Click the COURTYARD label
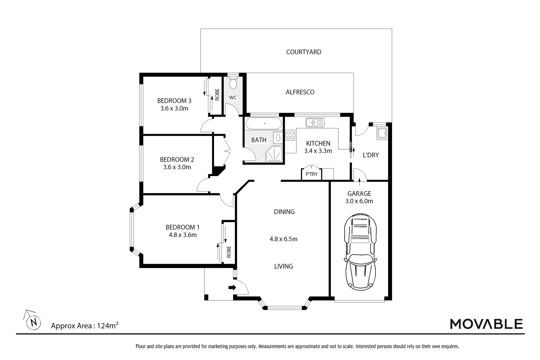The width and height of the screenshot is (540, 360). tap(304, 52)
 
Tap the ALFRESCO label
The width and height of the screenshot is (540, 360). tap(300, 92)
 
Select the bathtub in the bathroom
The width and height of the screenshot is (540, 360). tap(264, 123)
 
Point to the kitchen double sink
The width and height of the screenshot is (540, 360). tap(315, 122)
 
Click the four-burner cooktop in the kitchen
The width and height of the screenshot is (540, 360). tap(290, 135)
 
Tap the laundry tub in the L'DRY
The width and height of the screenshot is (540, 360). tap(382, 133)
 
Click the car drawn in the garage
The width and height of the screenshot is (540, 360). tap(360, 252)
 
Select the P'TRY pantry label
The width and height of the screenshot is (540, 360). tap(311, 174)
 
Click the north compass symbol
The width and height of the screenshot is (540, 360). tap(33, 321)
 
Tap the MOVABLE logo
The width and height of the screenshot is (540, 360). tap(486, 324)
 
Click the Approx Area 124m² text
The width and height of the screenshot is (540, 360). tap(85, 326)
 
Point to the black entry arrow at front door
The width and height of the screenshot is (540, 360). tap(232, 287)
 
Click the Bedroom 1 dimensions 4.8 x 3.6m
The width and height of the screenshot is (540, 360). tap(183, 235)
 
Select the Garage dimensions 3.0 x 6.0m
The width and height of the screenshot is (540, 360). tap(359, 201)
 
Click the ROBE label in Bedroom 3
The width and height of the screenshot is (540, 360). tap(217, 95)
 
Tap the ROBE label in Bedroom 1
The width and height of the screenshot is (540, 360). tap(229, 252)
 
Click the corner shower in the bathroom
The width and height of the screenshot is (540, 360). tap(274, 154)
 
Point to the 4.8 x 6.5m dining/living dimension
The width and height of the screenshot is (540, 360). tap(283, 239)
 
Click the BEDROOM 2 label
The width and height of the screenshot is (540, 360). tap(177, 160)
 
